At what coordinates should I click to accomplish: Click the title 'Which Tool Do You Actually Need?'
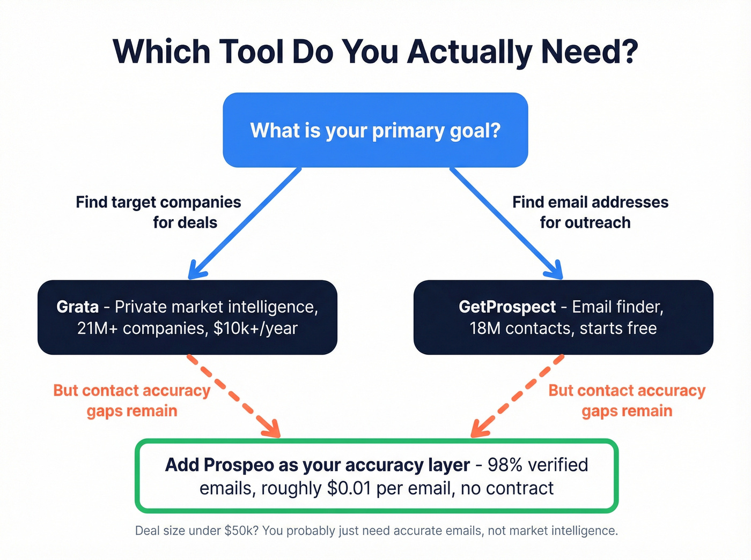376,52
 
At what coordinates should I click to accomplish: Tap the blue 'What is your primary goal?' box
376,130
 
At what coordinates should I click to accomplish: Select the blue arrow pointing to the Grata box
244,223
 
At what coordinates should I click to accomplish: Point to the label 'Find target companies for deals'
159,212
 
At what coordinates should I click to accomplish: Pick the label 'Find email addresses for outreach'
590,212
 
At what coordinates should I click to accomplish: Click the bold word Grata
78,307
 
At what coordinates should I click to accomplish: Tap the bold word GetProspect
507,307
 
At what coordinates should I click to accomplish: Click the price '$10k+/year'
255,328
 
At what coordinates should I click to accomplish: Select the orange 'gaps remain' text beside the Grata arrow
132,411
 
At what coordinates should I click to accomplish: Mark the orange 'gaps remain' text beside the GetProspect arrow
627,411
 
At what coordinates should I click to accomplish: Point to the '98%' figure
505,465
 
